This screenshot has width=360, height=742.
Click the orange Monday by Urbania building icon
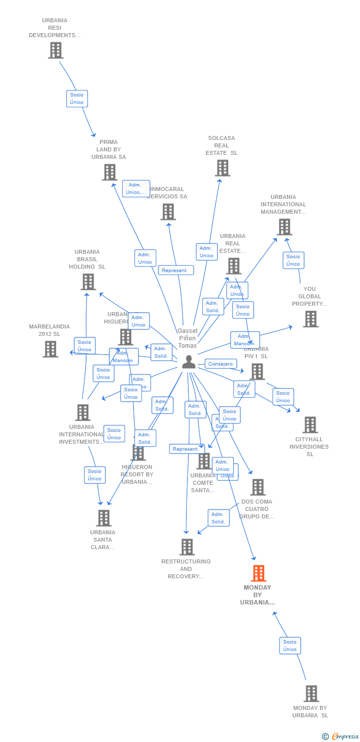258,573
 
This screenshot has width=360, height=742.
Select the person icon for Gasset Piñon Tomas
188,362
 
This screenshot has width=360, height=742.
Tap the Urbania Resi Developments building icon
55,50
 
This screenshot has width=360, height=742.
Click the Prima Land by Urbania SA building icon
109,172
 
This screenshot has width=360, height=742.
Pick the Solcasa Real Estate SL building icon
222,168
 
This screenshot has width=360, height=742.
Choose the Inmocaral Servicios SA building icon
168,212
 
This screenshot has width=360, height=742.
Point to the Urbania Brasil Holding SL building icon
88,282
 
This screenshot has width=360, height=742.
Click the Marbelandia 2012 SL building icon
50,349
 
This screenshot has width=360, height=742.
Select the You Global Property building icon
311,319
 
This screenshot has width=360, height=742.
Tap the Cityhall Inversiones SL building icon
310,425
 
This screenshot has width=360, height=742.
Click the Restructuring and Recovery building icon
187,547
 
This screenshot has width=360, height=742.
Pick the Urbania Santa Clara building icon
103,518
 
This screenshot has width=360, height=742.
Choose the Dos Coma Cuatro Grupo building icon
258,487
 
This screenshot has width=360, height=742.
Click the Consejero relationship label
221,364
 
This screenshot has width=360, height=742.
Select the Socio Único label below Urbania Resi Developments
77,98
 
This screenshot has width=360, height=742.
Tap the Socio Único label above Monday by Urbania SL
290,646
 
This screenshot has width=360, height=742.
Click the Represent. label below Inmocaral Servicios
176,270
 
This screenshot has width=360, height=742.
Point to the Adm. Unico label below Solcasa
207,252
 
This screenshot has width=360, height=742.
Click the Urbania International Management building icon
284,227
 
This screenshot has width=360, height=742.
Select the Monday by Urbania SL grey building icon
311,694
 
